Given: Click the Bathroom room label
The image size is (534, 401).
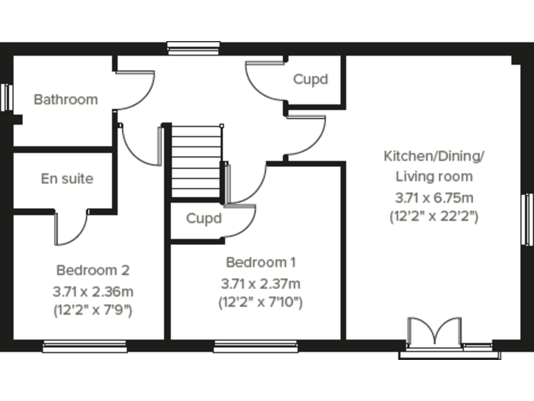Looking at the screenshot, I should click(66, 100).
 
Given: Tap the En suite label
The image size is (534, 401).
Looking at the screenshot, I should click(67, 179).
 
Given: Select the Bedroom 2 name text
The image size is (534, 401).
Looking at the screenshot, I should click(92, 270).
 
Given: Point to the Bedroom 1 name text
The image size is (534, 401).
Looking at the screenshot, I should click(261, 262).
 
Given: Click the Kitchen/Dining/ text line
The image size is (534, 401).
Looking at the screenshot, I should click(434, 155).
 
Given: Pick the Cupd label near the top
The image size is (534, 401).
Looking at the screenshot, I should click(310, 79).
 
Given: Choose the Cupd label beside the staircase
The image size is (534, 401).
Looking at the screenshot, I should click(204, 219).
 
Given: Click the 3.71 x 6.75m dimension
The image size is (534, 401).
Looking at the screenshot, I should click(434, 197).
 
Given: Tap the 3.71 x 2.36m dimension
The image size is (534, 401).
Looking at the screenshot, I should click(92, 291).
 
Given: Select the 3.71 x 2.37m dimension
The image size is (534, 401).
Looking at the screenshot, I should click(261, 283).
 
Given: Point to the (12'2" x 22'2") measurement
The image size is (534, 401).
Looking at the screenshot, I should click(434, 216).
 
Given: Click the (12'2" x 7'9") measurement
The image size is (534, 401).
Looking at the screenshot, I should click(92, 310).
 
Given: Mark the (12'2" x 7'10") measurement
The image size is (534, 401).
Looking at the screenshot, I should click(261, 302).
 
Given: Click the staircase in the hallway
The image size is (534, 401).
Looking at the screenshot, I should click(196, 162).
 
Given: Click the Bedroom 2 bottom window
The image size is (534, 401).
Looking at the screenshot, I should click(85, 345).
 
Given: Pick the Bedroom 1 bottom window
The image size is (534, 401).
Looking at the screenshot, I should click(254, 345).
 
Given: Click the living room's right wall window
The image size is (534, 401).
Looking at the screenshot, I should click(526, 219).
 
